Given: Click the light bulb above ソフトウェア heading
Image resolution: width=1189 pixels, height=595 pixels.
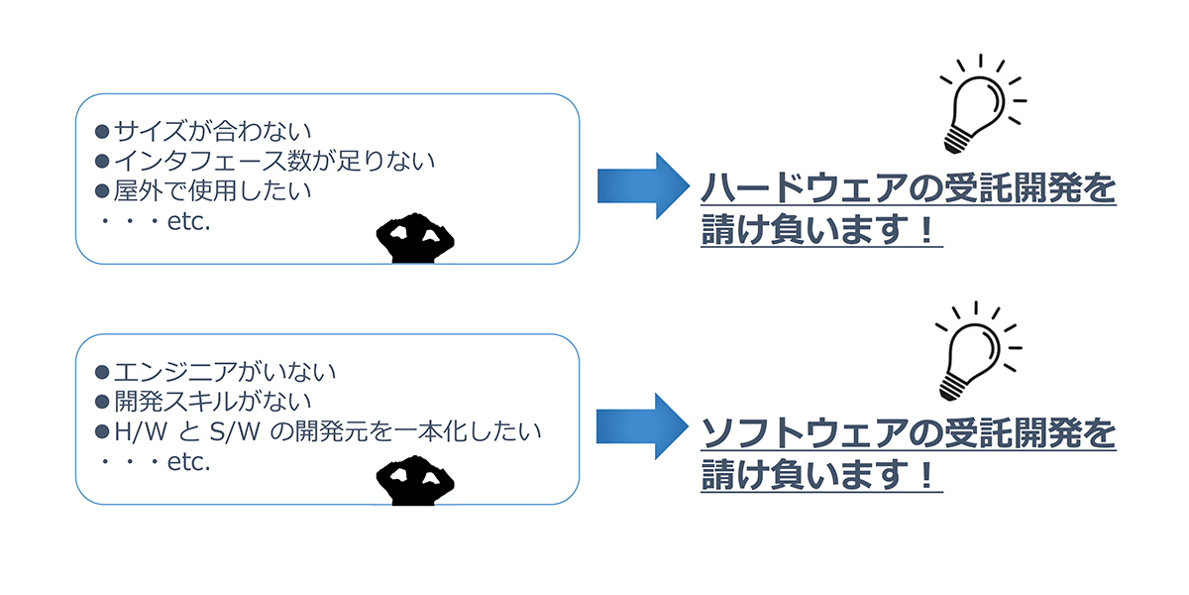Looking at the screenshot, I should pos(971,352).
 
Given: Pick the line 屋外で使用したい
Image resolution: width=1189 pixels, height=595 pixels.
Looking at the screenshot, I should pos(199,188).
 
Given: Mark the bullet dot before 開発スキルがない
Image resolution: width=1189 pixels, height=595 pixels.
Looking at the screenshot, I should pos(101,403).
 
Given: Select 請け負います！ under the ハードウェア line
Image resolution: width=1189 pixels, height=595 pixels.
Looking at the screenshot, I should pos(818,232).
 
